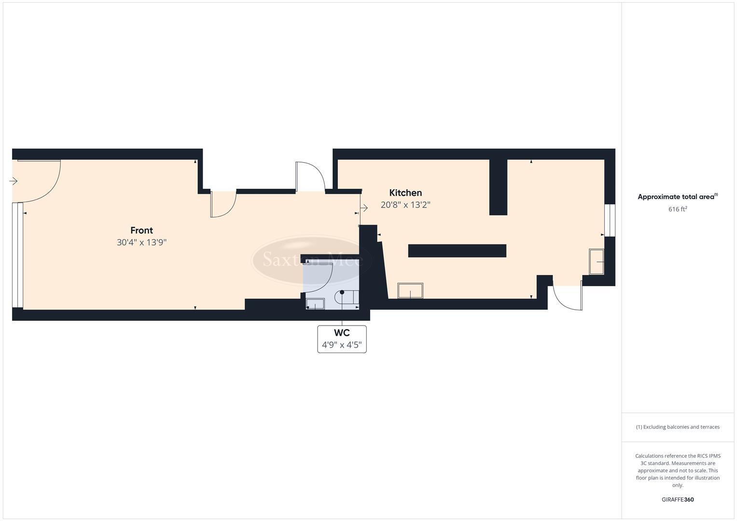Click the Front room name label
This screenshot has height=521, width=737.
[141, 230]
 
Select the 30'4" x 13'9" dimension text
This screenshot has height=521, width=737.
[141, 243]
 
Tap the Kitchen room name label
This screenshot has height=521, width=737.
[405, 192]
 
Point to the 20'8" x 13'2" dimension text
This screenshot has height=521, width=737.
[405, 205]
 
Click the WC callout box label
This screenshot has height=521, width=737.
[342, 339]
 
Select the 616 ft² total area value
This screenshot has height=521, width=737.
[677, 209]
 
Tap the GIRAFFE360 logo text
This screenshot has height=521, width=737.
[677, 500]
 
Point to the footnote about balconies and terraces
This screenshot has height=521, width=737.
[677, 427]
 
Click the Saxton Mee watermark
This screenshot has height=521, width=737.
[312, 260]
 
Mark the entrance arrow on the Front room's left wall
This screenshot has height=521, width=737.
[14, 181]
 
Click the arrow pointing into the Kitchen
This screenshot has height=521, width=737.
[364, 208]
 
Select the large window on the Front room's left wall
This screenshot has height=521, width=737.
[18, 255]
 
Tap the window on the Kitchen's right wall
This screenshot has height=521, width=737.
[610, 220]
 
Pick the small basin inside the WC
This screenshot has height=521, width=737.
[316, 304]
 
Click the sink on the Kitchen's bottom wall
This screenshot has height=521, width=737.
[410, 291]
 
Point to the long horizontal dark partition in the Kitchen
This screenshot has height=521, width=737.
[457, 251]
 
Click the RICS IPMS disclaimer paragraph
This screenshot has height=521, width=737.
[677, 470]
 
